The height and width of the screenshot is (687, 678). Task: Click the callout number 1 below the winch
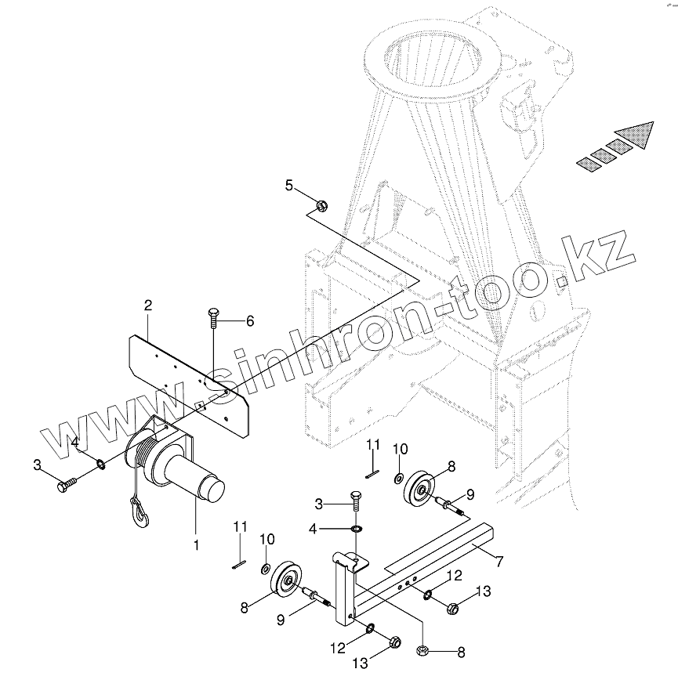pyautogui.click(x=197, y=542)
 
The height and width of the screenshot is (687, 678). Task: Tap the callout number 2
pyautogui.click(x=147, y=305)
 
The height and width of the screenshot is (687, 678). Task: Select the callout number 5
pyautogui.click(x=288, y=185)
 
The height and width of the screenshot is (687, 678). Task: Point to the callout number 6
pyautogui.click(x=250, y=320)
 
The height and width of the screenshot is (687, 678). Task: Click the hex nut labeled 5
pyautogui.click(x=321, y=206)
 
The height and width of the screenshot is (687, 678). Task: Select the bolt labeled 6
pyautogui.click(x=214, y=318)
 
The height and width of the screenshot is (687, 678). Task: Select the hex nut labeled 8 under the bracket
pyautogui.click(x=422, y=649)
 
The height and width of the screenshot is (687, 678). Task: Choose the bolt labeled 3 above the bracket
pyautogui.click(x=355, y=504)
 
